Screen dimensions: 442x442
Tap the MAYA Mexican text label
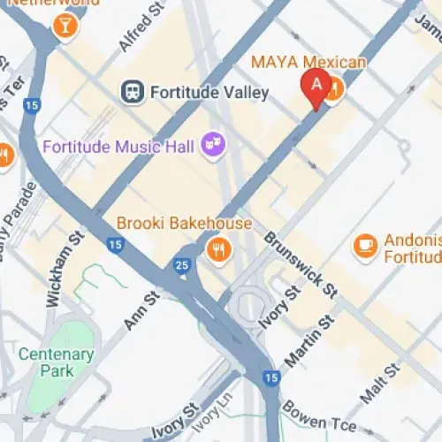pos(308,62)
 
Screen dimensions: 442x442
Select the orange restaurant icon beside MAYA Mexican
pos(333,92)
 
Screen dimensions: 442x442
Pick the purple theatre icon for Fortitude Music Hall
pos(212,142)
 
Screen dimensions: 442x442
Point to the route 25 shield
pos(182,264)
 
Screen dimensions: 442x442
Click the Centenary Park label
pos(57,362)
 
